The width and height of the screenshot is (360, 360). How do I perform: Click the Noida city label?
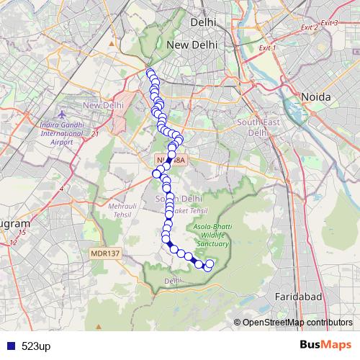coord(315,96)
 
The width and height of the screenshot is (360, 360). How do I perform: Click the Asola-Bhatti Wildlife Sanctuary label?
coord(212,235)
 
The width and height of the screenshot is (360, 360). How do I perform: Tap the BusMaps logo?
coord(324,345)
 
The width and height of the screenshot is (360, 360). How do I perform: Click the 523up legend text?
coord(36,346)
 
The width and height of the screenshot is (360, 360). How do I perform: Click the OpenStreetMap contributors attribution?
coord(297,323)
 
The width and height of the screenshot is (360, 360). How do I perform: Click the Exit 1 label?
coord(268,48)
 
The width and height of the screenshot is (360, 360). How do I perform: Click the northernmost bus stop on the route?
coord(150,73)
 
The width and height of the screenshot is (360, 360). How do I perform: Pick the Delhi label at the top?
coord(204,23)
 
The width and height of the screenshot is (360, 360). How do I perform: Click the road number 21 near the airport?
coord(95,133)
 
